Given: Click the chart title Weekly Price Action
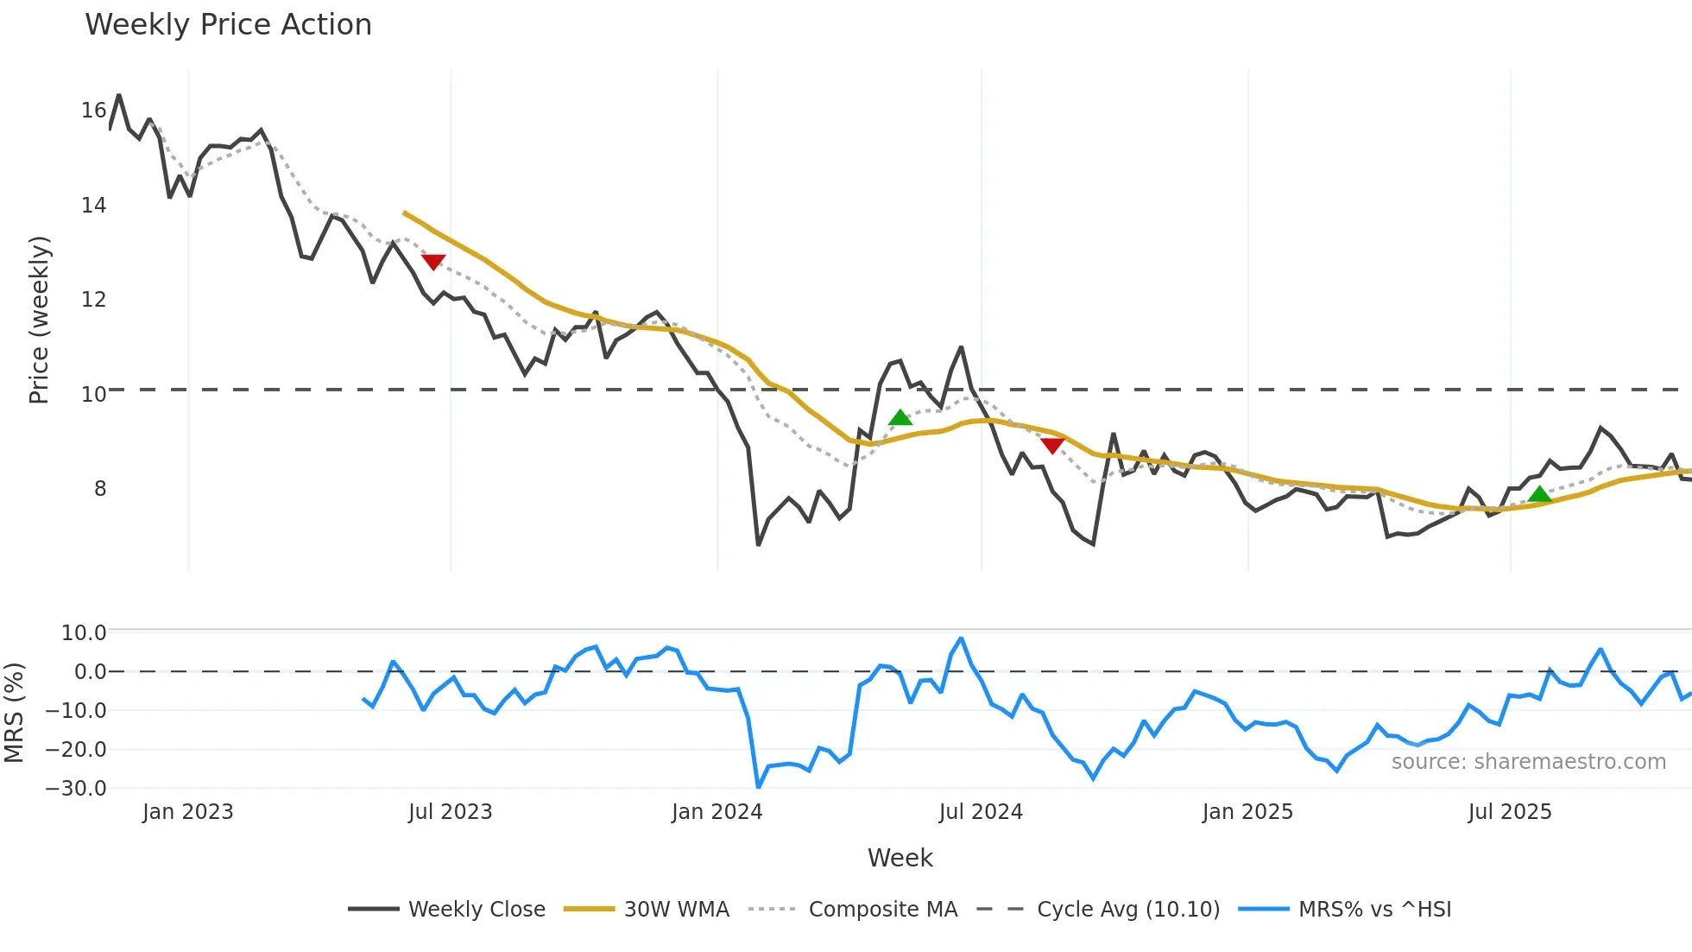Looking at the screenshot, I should [228, 25].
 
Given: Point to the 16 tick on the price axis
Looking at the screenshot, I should [93, 111].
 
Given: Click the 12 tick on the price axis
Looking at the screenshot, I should [93, 300].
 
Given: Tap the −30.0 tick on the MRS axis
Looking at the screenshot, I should [76, 789].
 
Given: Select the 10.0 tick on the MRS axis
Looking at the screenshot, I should [84, 633].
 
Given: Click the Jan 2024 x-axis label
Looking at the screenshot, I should [717, 812].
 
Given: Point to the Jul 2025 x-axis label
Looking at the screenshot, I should [1509, 812].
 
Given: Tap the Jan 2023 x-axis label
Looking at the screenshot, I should [187, 812].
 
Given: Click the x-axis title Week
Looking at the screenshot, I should [900, 858].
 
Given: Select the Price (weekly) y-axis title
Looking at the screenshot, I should [39, 320].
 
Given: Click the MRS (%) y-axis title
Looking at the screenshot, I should [14, 713].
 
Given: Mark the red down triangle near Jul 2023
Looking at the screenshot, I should [433, 261].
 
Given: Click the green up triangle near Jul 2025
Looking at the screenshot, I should [1539, 495].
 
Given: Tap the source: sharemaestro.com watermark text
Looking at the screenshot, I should [1528, 762].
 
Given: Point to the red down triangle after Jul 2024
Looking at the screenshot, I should [1052, 445].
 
